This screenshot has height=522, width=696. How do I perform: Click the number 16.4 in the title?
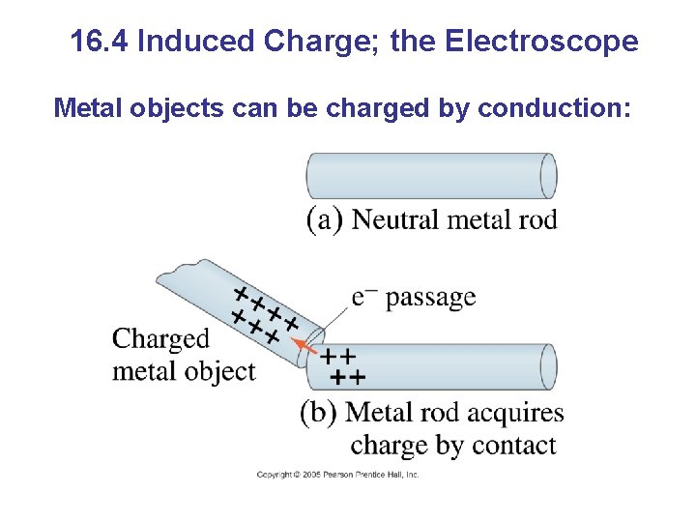coord(101,43)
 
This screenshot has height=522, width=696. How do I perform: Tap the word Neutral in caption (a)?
coord(396,219)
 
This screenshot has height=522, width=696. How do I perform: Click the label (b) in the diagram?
coord(319,413)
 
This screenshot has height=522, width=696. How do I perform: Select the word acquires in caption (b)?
coord(514,413)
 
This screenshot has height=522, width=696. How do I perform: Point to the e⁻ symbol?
coord(364,296)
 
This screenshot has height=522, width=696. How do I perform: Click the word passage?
coord(430,298)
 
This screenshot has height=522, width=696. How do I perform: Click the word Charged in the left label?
coord(160,338)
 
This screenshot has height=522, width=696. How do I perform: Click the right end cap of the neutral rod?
coord(548,176)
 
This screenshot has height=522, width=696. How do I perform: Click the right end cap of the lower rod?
coord(548,366)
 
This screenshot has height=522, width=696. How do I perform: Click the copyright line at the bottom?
coord(337,475)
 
